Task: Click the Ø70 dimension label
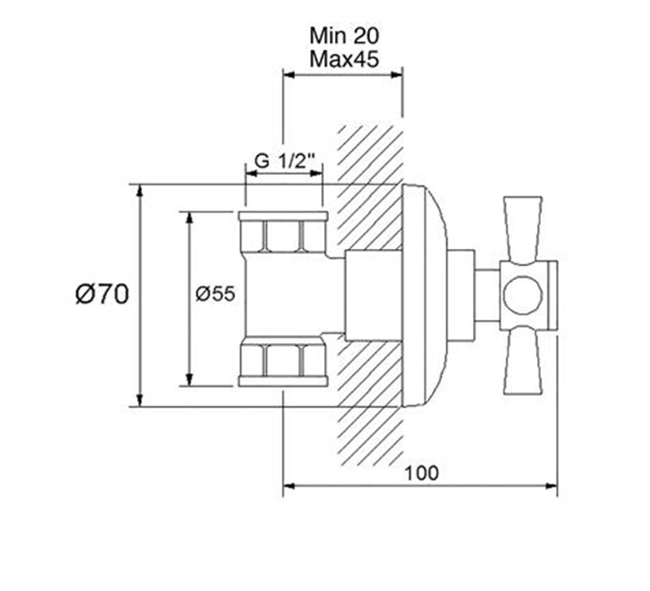(x=102, y=295)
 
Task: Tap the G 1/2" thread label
(x=284, y=162)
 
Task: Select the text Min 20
(x=344, y=36)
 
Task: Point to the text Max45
(x=344, y=59)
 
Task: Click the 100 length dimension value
(x=421, y=473)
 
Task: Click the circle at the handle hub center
(x=522, y=295)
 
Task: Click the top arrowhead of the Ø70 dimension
(x=140, y=191)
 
